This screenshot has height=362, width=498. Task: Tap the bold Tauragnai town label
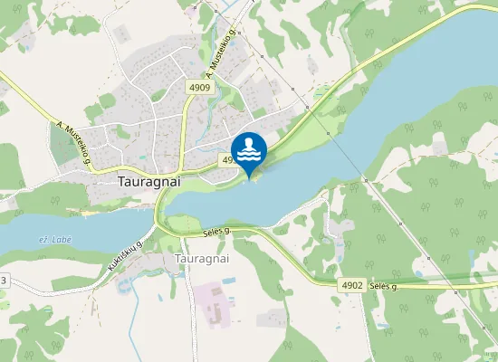pyautogui.click(x=150, y=180)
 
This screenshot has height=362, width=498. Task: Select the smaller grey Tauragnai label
pyautogui.click(x=200, y=258)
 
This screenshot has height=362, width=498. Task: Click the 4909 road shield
pyautogui.click(x=200, y=88)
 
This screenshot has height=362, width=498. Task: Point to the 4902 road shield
pyautogui.click(x=353, y=285)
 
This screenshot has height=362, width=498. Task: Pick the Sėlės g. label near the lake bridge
pyautogui.click(x=215, y=233)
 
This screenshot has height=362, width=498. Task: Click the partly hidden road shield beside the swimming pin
pyautogui.click(x=227, y=160)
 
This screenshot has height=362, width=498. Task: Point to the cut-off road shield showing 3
pyautogui.click(x=3, y=281)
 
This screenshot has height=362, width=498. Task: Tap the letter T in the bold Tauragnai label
pyautogui.click(x=122, y=180)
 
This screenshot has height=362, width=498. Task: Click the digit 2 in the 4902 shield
pyautogui.click(x=361, y=285)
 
